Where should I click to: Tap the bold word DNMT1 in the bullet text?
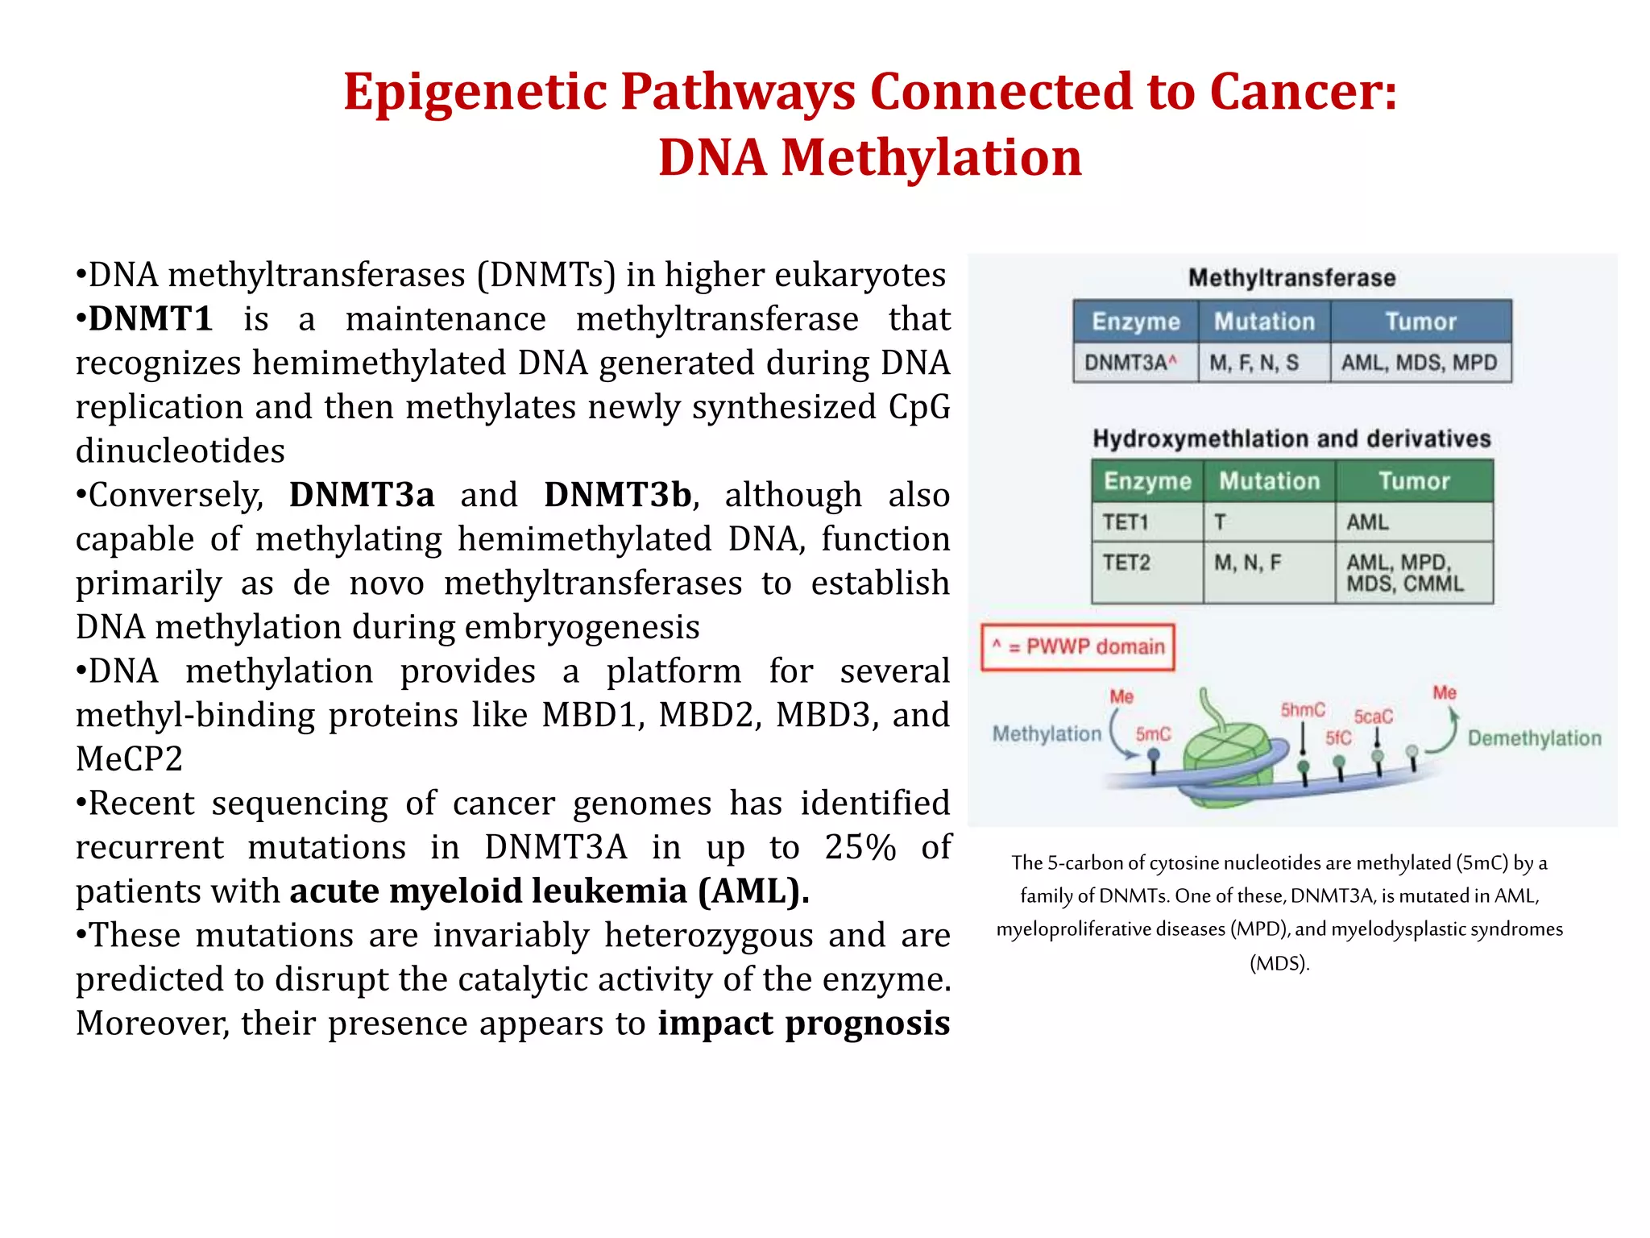coord(151,319)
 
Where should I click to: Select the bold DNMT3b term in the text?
coord(618,495)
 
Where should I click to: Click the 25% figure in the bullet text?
coord(860,847)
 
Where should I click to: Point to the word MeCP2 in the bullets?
coord(130,759)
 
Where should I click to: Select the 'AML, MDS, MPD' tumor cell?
coord(1419,363)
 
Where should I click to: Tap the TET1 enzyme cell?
coord(1126,522)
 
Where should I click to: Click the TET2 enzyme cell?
coord(1126,563)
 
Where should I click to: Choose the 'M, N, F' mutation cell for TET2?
coord(1247,563)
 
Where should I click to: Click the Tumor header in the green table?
coord(1414,481)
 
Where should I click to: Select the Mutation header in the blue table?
coord(1264,322)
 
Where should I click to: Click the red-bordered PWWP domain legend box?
coord(1078,646)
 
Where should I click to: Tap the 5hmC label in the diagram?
coord(1303,710)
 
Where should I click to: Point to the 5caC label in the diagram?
coord(1373,717)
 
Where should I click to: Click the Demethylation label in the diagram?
coord(1534,738)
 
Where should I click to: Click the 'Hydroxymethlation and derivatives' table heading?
coord(1291,438)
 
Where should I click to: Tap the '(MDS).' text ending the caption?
coord(1279,963)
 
